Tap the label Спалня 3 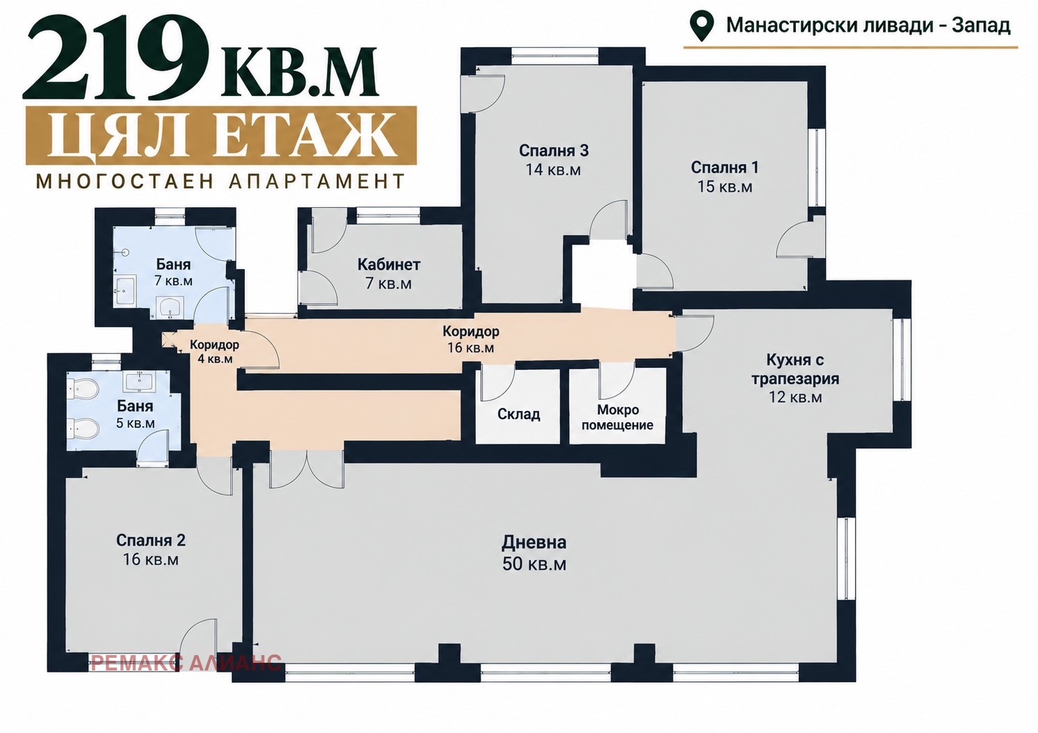[553, 151]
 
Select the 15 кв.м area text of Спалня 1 [725, 186]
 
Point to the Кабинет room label [389, 264]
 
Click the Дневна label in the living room [534, 542]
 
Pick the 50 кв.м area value [534, 564]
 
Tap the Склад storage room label [518, 414]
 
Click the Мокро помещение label [617, 417]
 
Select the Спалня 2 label [150, 540]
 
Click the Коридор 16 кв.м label [471, 339]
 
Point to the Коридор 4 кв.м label [214, 351]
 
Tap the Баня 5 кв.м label [135, 414]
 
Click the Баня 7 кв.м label [173, 273]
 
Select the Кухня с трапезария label [795, 378]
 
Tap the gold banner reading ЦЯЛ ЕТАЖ [221, 136]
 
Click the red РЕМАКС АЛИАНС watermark [186, 663]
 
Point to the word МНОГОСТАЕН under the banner [123, 182]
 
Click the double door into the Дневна [307, 469]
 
